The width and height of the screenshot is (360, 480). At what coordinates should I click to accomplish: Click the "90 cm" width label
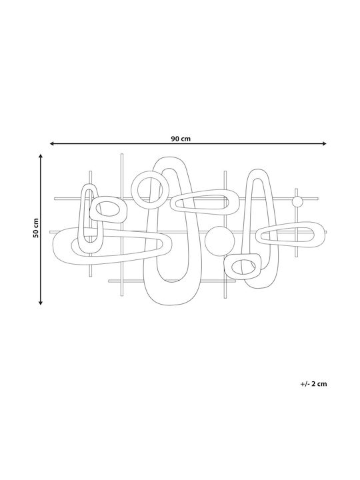[x=181, y=139]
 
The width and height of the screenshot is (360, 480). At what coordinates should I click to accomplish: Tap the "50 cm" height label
[x=36, y=228]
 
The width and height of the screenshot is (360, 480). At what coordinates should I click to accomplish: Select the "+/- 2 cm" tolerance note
[x=313, y=383]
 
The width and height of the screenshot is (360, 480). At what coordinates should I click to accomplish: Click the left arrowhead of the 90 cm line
[x=52, y=143]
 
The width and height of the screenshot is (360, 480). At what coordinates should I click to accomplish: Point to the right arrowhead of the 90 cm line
[x=324, y=143]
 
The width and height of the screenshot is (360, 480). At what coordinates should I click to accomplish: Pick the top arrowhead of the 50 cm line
[x=41, y=157]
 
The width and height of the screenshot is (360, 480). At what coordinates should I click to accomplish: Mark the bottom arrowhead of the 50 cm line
[x=41, y=303]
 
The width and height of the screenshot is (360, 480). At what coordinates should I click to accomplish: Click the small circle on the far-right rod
[x=297, y=202]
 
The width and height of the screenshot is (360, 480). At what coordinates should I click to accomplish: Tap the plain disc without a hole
[x=219, y=241]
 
